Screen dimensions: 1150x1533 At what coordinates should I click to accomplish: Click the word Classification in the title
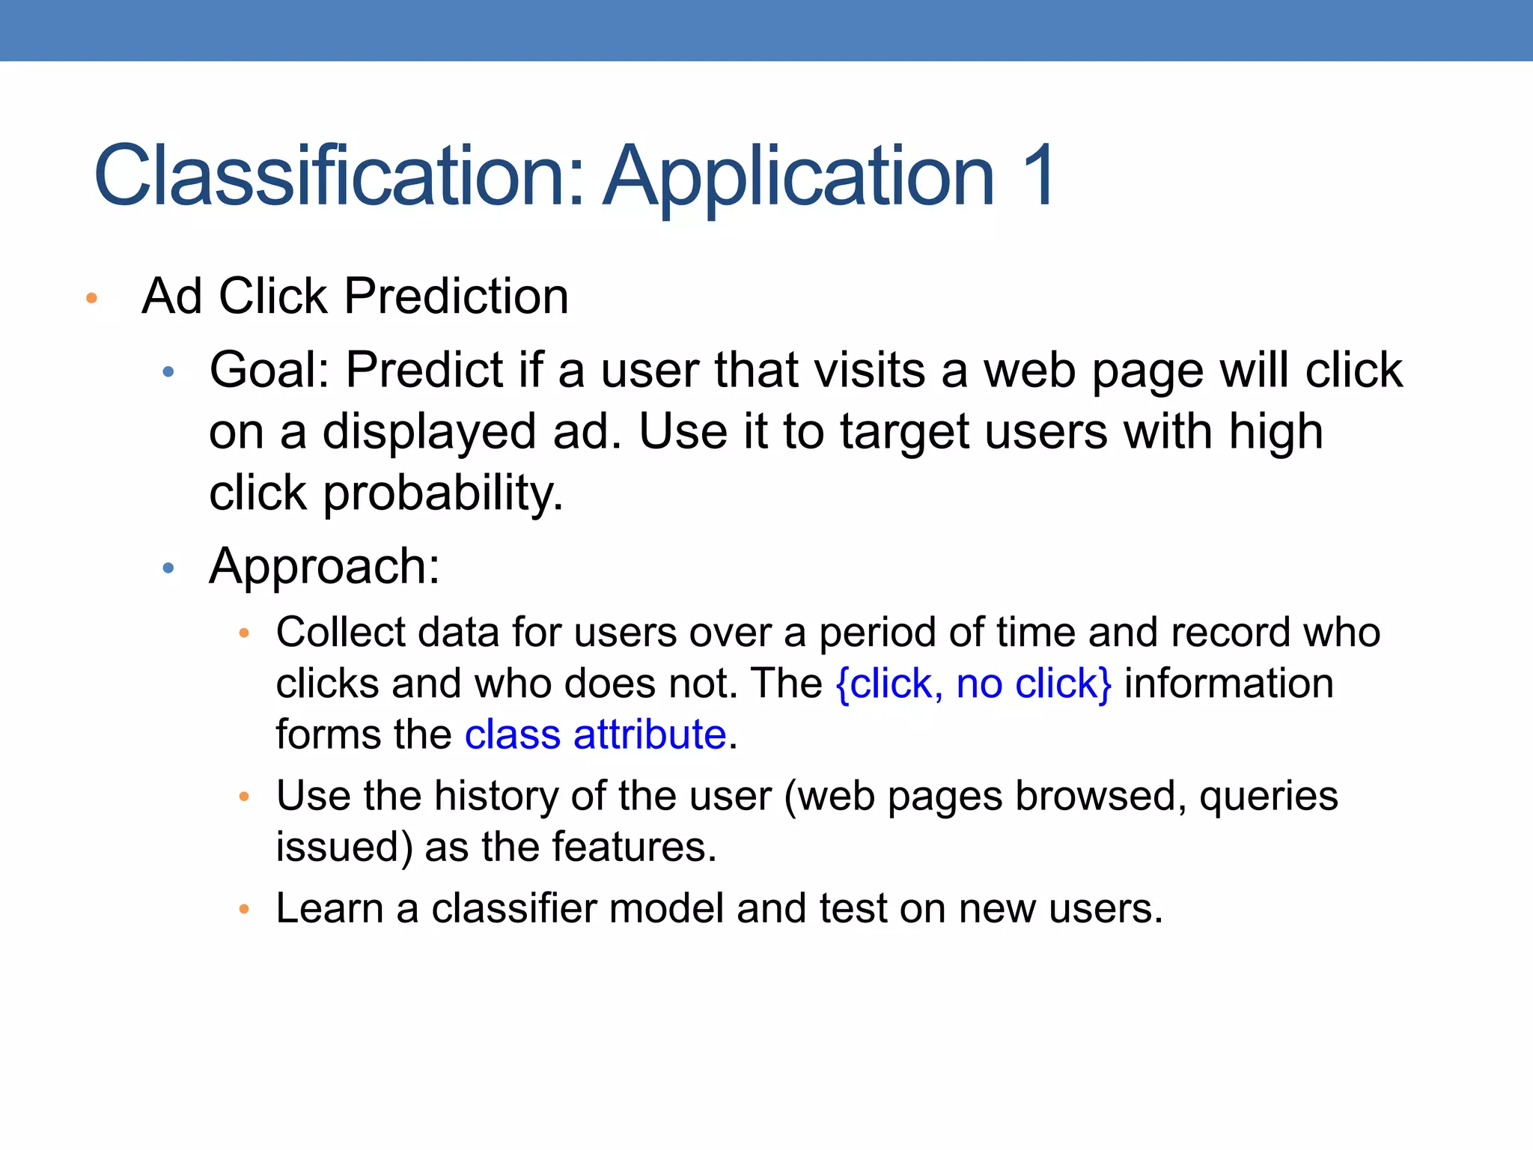(337, 176)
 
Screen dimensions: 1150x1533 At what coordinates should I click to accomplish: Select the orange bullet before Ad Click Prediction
(92, 299)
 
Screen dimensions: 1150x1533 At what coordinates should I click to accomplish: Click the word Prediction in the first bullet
(457, 296)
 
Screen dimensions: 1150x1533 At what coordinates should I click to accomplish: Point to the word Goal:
(269, 371)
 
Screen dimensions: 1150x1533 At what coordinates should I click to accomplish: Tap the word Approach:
(324, 568)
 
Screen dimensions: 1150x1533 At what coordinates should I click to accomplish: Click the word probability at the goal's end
(442, 494)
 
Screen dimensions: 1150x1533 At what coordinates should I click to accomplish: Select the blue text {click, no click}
(973, 684)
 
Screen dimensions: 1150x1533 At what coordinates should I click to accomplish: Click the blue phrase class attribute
(595, 734)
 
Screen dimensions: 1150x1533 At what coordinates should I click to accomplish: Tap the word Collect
(341, 633)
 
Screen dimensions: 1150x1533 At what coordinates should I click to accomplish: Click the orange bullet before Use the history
(243, 797)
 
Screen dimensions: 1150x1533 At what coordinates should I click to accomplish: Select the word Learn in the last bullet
(329, 909)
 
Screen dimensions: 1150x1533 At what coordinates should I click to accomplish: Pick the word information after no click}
(1228, 684)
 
